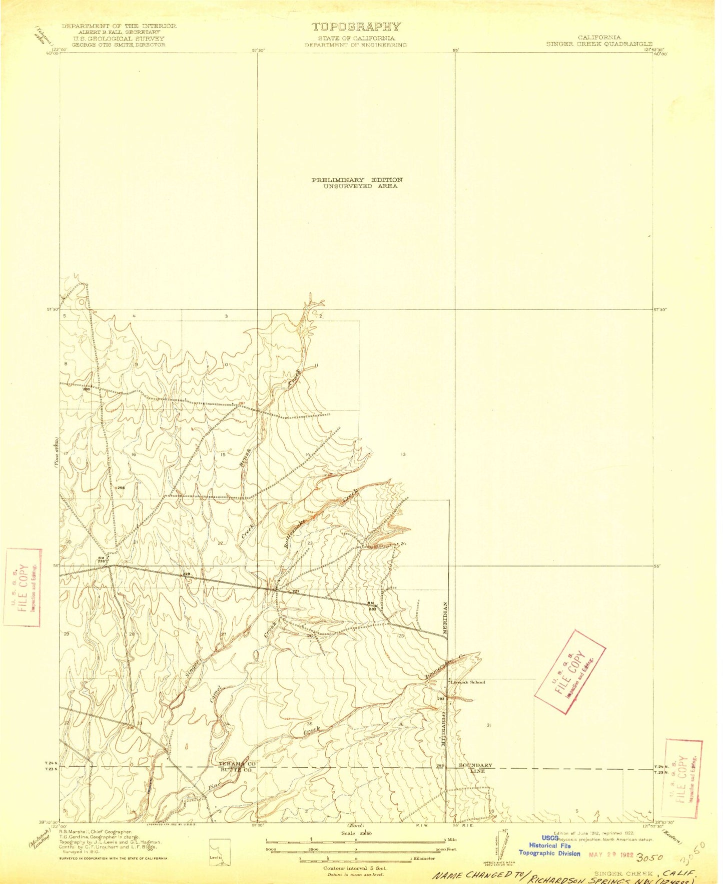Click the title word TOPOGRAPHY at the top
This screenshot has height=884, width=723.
click(356, 27)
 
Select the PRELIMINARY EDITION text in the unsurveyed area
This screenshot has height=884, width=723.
click(357, 180)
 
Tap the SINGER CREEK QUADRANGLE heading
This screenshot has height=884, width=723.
click(599, 44)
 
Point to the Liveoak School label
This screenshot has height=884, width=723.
click(468, 682)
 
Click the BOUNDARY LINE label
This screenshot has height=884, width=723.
click(475, 768)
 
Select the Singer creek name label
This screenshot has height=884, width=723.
click(193, 667)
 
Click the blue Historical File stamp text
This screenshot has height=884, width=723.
click(549, 845)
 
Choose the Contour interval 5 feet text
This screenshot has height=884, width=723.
click(355, 868)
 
